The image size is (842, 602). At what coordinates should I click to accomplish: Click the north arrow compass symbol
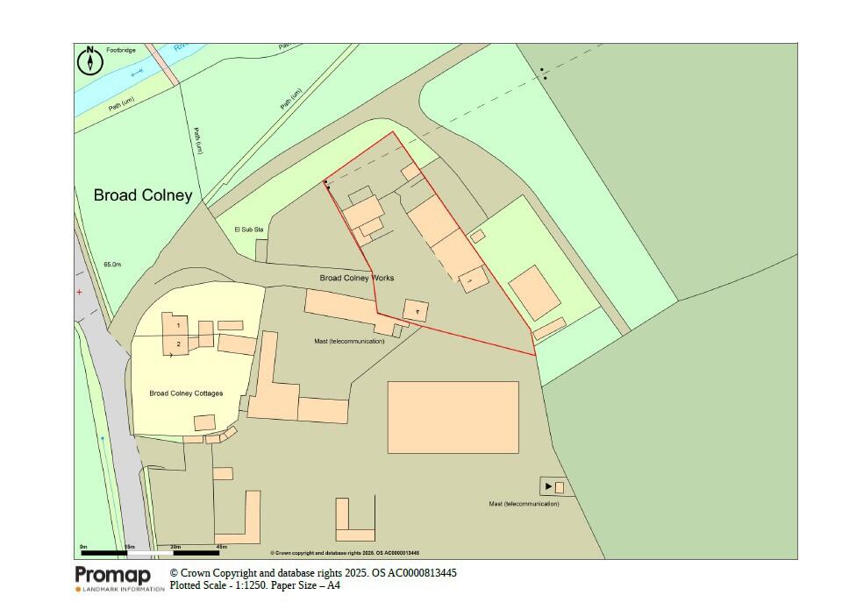pos(90,61)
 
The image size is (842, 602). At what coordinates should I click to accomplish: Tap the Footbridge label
pos(123,51)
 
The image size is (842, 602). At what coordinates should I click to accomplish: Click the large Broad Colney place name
pos(142,195)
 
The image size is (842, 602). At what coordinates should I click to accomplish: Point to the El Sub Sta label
pos(247,229)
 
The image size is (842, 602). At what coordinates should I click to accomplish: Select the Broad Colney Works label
pos(357,278)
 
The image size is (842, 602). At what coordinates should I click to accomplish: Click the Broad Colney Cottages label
pos(186,393)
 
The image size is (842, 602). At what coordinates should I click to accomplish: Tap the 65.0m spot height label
pos(112,264)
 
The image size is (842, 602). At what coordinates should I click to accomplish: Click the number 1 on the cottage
pos(178,325)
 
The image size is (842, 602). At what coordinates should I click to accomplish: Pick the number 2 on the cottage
pos(178,344)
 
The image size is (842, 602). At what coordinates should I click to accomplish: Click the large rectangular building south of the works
pos(453,417)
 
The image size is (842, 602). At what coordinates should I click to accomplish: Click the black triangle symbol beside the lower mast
pos(548,486)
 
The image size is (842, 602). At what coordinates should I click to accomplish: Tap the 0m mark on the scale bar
pos(83,547)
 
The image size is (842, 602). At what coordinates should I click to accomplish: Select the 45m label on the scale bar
pos(221,547)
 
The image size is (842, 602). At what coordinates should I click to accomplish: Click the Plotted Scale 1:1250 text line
pos(255,585)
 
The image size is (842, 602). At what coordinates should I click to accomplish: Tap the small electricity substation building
pos(261,251)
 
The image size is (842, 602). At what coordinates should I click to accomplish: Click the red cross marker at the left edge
pos(79,292)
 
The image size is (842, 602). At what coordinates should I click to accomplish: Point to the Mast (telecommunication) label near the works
pos(349,341)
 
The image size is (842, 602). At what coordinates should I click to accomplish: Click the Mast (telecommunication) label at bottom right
pos(524,504)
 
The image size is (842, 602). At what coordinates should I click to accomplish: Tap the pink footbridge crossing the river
pos(163,64)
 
